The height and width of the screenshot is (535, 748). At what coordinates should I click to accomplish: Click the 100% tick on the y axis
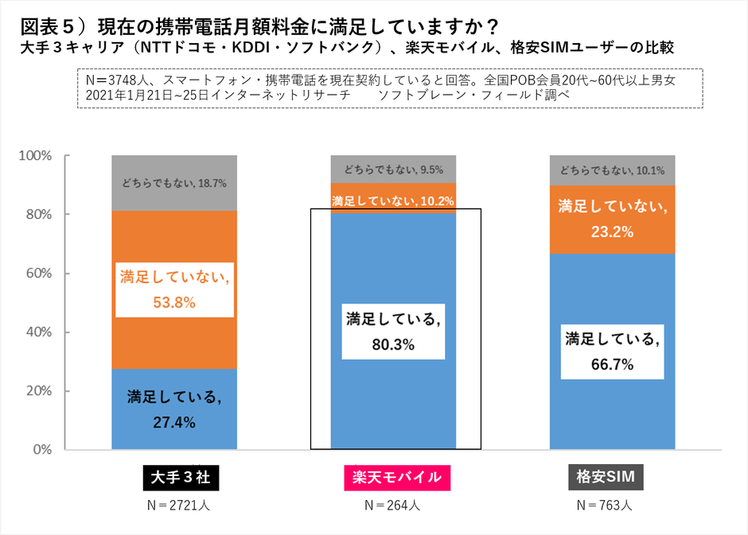click(35, 156)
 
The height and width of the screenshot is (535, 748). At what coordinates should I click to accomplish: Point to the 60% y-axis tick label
click(38, 273)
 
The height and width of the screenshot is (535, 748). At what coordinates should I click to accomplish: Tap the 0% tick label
click(41, 450)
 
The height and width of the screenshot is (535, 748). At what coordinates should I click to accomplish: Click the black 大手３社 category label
click(173, 478)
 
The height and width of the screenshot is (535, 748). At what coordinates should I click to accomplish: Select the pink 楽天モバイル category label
click(396, 478)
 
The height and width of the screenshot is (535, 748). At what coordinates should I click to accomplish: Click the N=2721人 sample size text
click(173, 505)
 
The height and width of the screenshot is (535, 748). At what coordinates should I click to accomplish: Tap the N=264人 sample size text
click(393, 505)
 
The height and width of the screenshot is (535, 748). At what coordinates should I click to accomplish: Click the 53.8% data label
click(173, 303)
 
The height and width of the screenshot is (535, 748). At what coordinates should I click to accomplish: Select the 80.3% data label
click(393, 346)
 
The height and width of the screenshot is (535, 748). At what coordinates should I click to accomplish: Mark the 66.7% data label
click(612, 365)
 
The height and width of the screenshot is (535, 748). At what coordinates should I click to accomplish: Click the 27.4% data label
click(173, 422)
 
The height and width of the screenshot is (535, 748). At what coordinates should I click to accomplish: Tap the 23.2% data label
click(612, 232)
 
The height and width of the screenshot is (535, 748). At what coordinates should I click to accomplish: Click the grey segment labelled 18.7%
click(173, 182)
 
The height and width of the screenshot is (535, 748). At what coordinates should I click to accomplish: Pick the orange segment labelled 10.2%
click(393, 199)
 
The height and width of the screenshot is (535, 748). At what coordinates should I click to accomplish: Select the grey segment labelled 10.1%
click(612, 170)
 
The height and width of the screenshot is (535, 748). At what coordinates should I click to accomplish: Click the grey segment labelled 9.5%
click(393, 169)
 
